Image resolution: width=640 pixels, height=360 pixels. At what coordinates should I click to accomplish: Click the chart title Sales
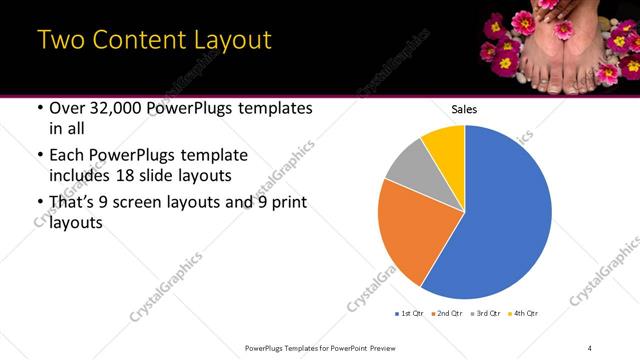click(x=464, y=108)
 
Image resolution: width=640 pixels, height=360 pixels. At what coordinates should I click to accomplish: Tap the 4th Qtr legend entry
click(x=521, y=314)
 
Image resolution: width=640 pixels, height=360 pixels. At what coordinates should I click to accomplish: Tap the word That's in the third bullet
click(x=72, y=203)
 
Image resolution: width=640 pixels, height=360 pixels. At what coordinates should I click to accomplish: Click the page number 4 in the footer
click(x=591, y=347)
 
